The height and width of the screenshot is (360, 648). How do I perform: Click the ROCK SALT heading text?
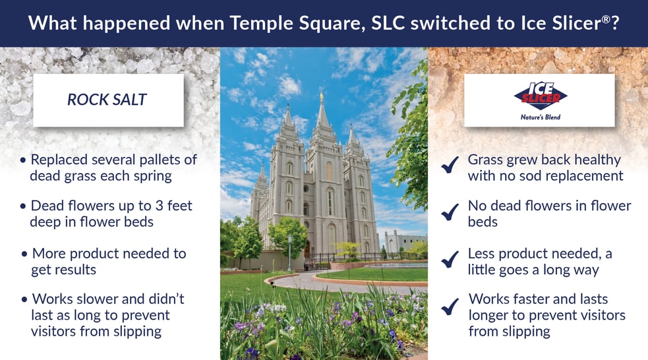coord(107,100)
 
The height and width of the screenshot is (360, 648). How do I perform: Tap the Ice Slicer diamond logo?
coord(540,96)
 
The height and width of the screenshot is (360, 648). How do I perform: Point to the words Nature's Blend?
coord(540,117)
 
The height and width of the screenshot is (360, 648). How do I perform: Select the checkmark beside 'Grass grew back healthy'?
coord(450,165)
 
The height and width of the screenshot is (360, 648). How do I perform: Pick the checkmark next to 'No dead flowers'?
coord(450,212)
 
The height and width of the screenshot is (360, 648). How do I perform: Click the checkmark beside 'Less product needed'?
coord(450,259)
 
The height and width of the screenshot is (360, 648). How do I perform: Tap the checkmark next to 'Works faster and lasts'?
coord(450,307)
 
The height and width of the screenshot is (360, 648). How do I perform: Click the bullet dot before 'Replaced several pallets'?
coord(23,160)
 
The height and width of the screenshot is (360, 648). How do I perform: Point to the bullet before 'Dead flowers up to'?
coord(23,206)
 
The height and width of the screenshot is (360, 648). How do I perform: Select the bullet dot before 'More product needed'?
coord(24,254)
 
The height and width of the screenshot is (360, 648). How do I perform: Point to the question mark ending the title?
coord(615,23)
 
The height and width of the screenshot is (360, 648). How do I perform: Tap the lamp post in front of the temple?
coord(289,253)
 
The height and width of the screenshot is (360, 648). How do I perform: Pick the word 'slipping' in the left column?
coord(137,332)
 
